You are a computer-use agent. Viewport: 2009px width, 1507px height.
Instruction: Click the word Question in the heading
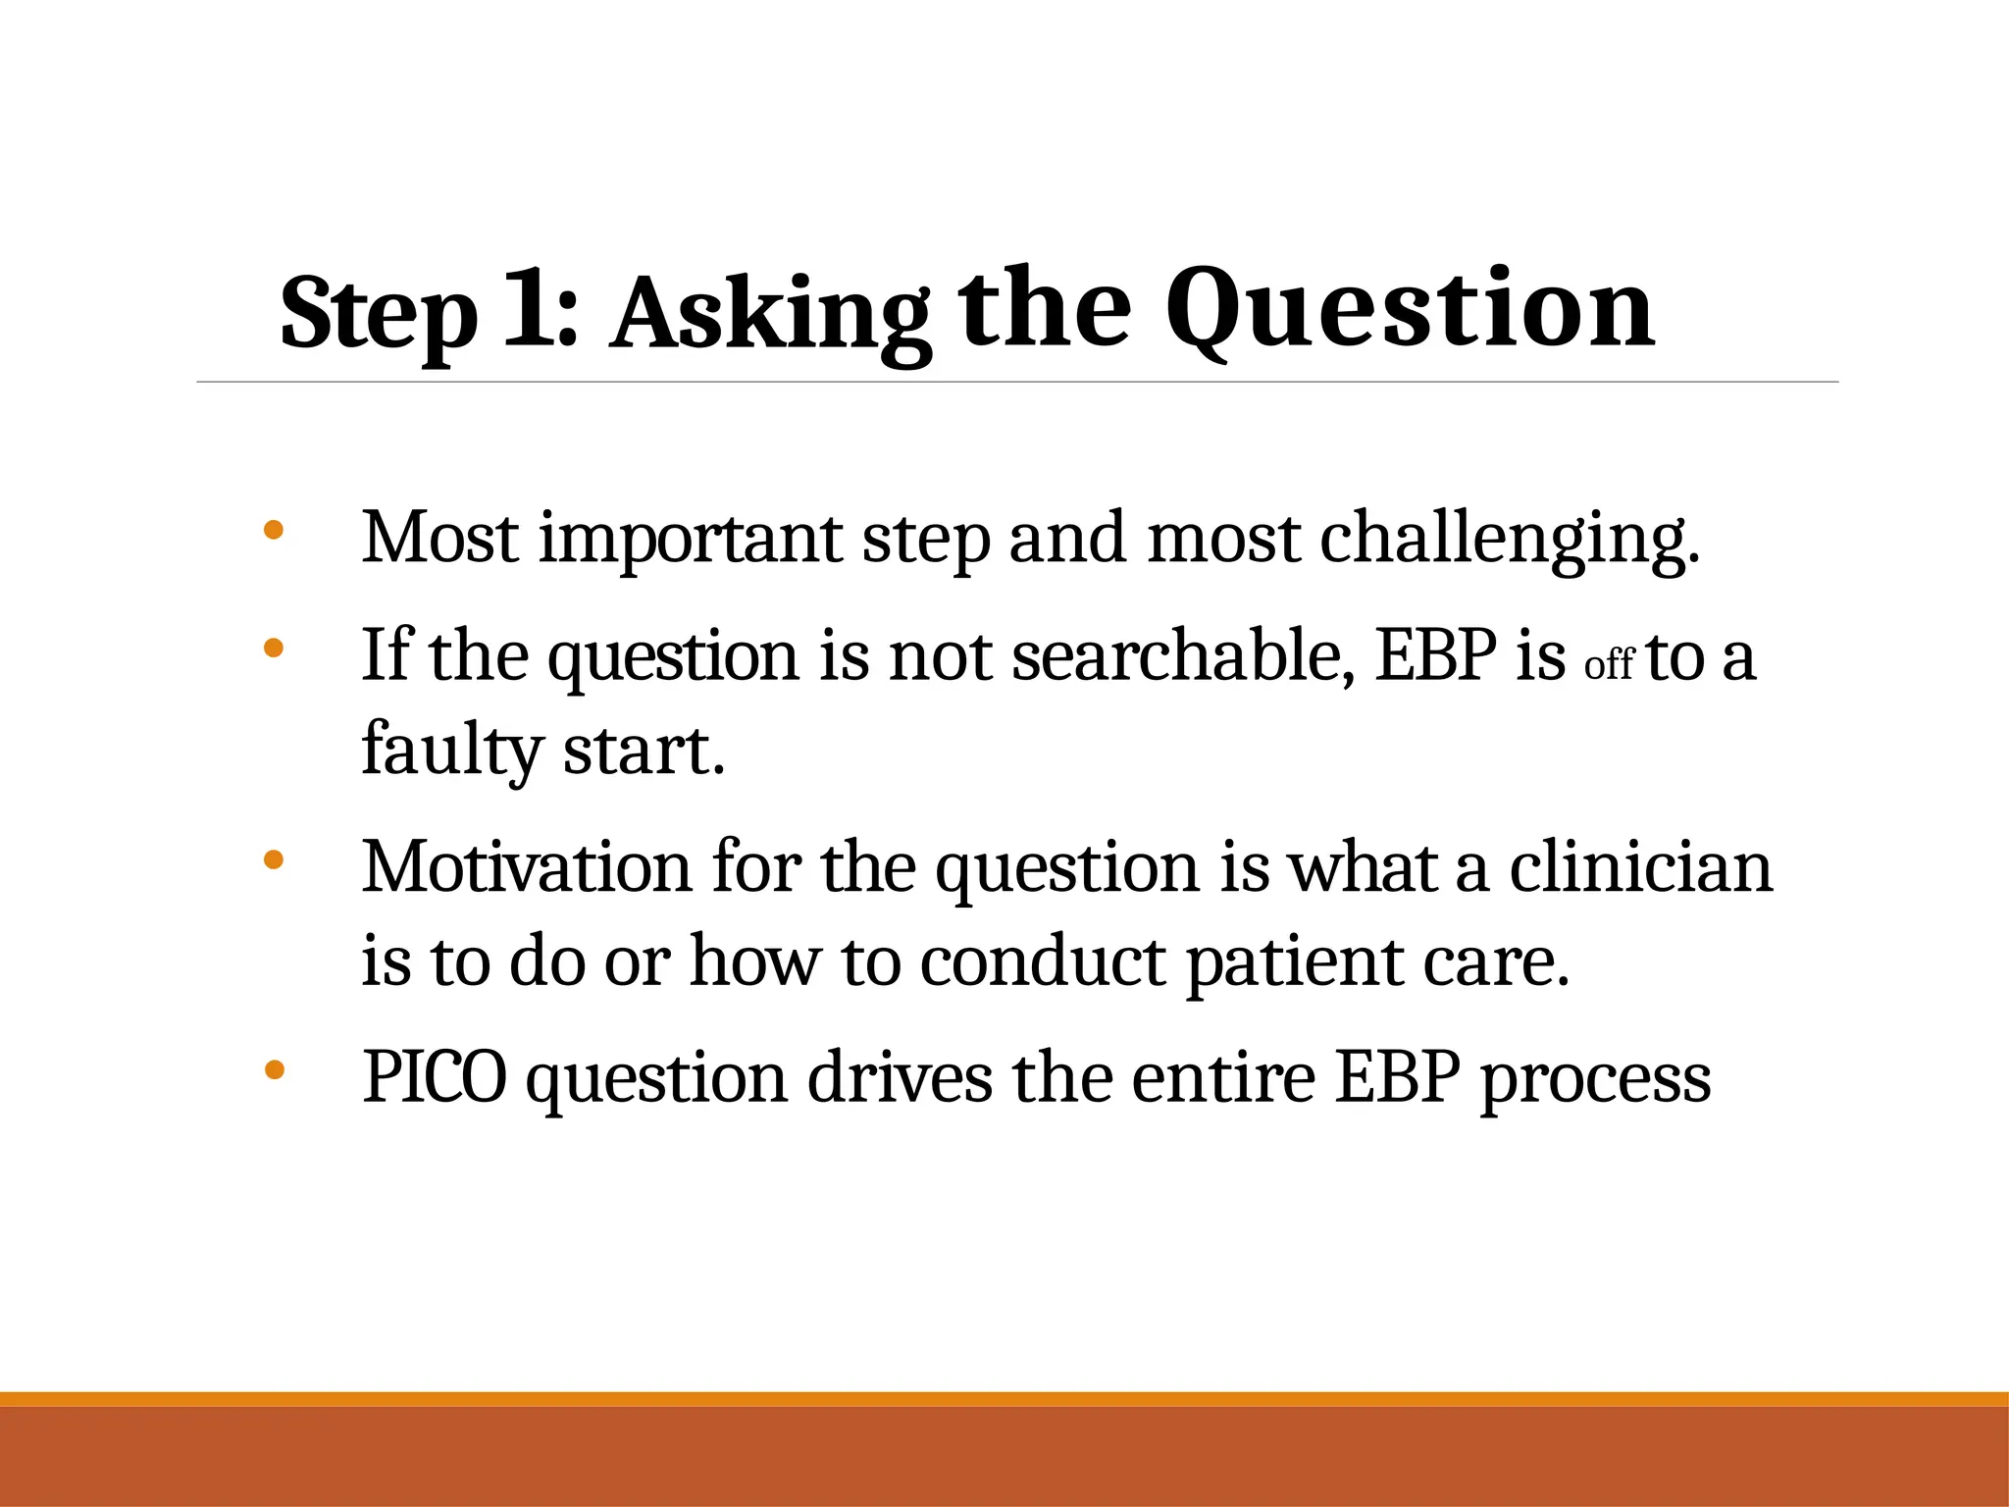click(x=1410, y=309)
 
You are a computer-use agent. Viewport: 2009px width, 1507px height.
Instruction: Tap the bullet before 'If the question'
click(x=274, y=649)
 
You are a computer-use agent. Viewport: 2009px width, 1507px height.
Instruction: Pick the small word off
click(x=1609, y=665)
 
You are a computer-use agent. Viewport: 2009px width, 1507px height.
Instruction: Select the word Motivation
click(x=527, y=867)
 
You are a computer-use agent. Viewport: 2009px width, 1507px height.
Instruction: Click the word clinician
click(x=1640, y=867)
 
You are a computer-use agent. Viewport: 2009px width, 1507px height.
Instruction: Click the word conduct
click(x=1043, y=961)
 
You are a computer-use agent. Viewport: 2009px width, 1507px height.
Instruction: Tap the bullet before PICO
click(x=274, y=1070)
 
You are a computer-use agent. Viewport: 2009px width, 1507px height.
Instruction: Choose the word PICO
click(x=435, y=1077)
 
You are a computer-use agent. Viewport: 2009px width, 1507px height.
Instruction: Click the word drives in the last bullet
click(x=900, y=1077)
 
